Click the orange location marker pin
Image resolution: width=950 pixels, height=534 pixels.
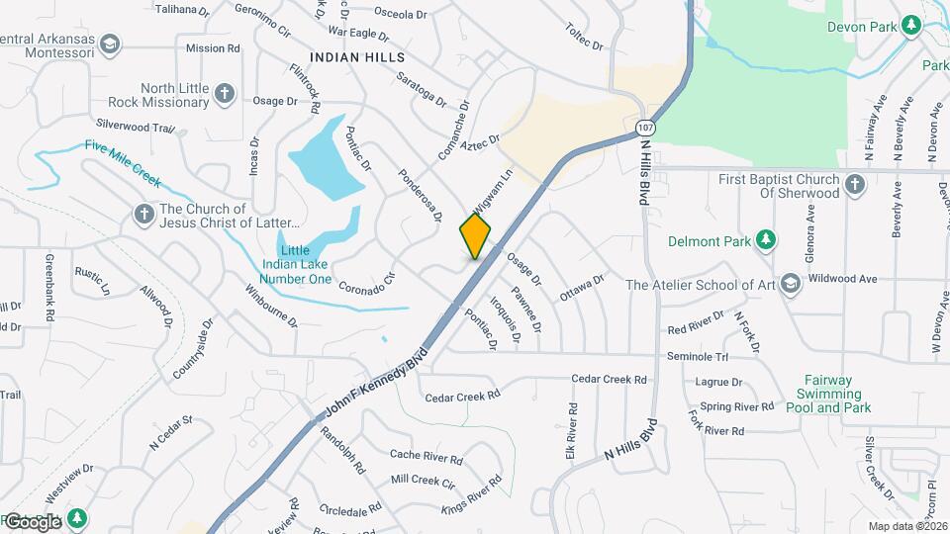475,236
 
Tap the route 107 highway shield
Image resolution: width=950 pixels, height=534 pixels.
645,128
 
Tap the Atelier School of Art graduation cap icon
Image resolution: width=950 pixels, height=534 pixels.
790,285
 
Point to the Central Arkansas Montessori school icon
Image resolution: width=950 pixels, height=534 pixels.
110,43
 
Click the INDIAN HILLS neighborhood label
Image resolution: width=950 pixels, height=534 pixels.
357,57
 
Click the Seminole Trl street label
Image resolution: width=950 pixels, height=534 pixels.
697,356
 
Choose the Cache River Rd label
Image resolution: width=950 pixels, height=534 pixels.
426,458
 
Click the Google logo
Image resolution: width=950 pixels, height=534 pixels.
33,521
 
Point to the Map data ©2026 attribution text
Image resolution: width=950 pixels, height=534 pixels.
906,526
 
